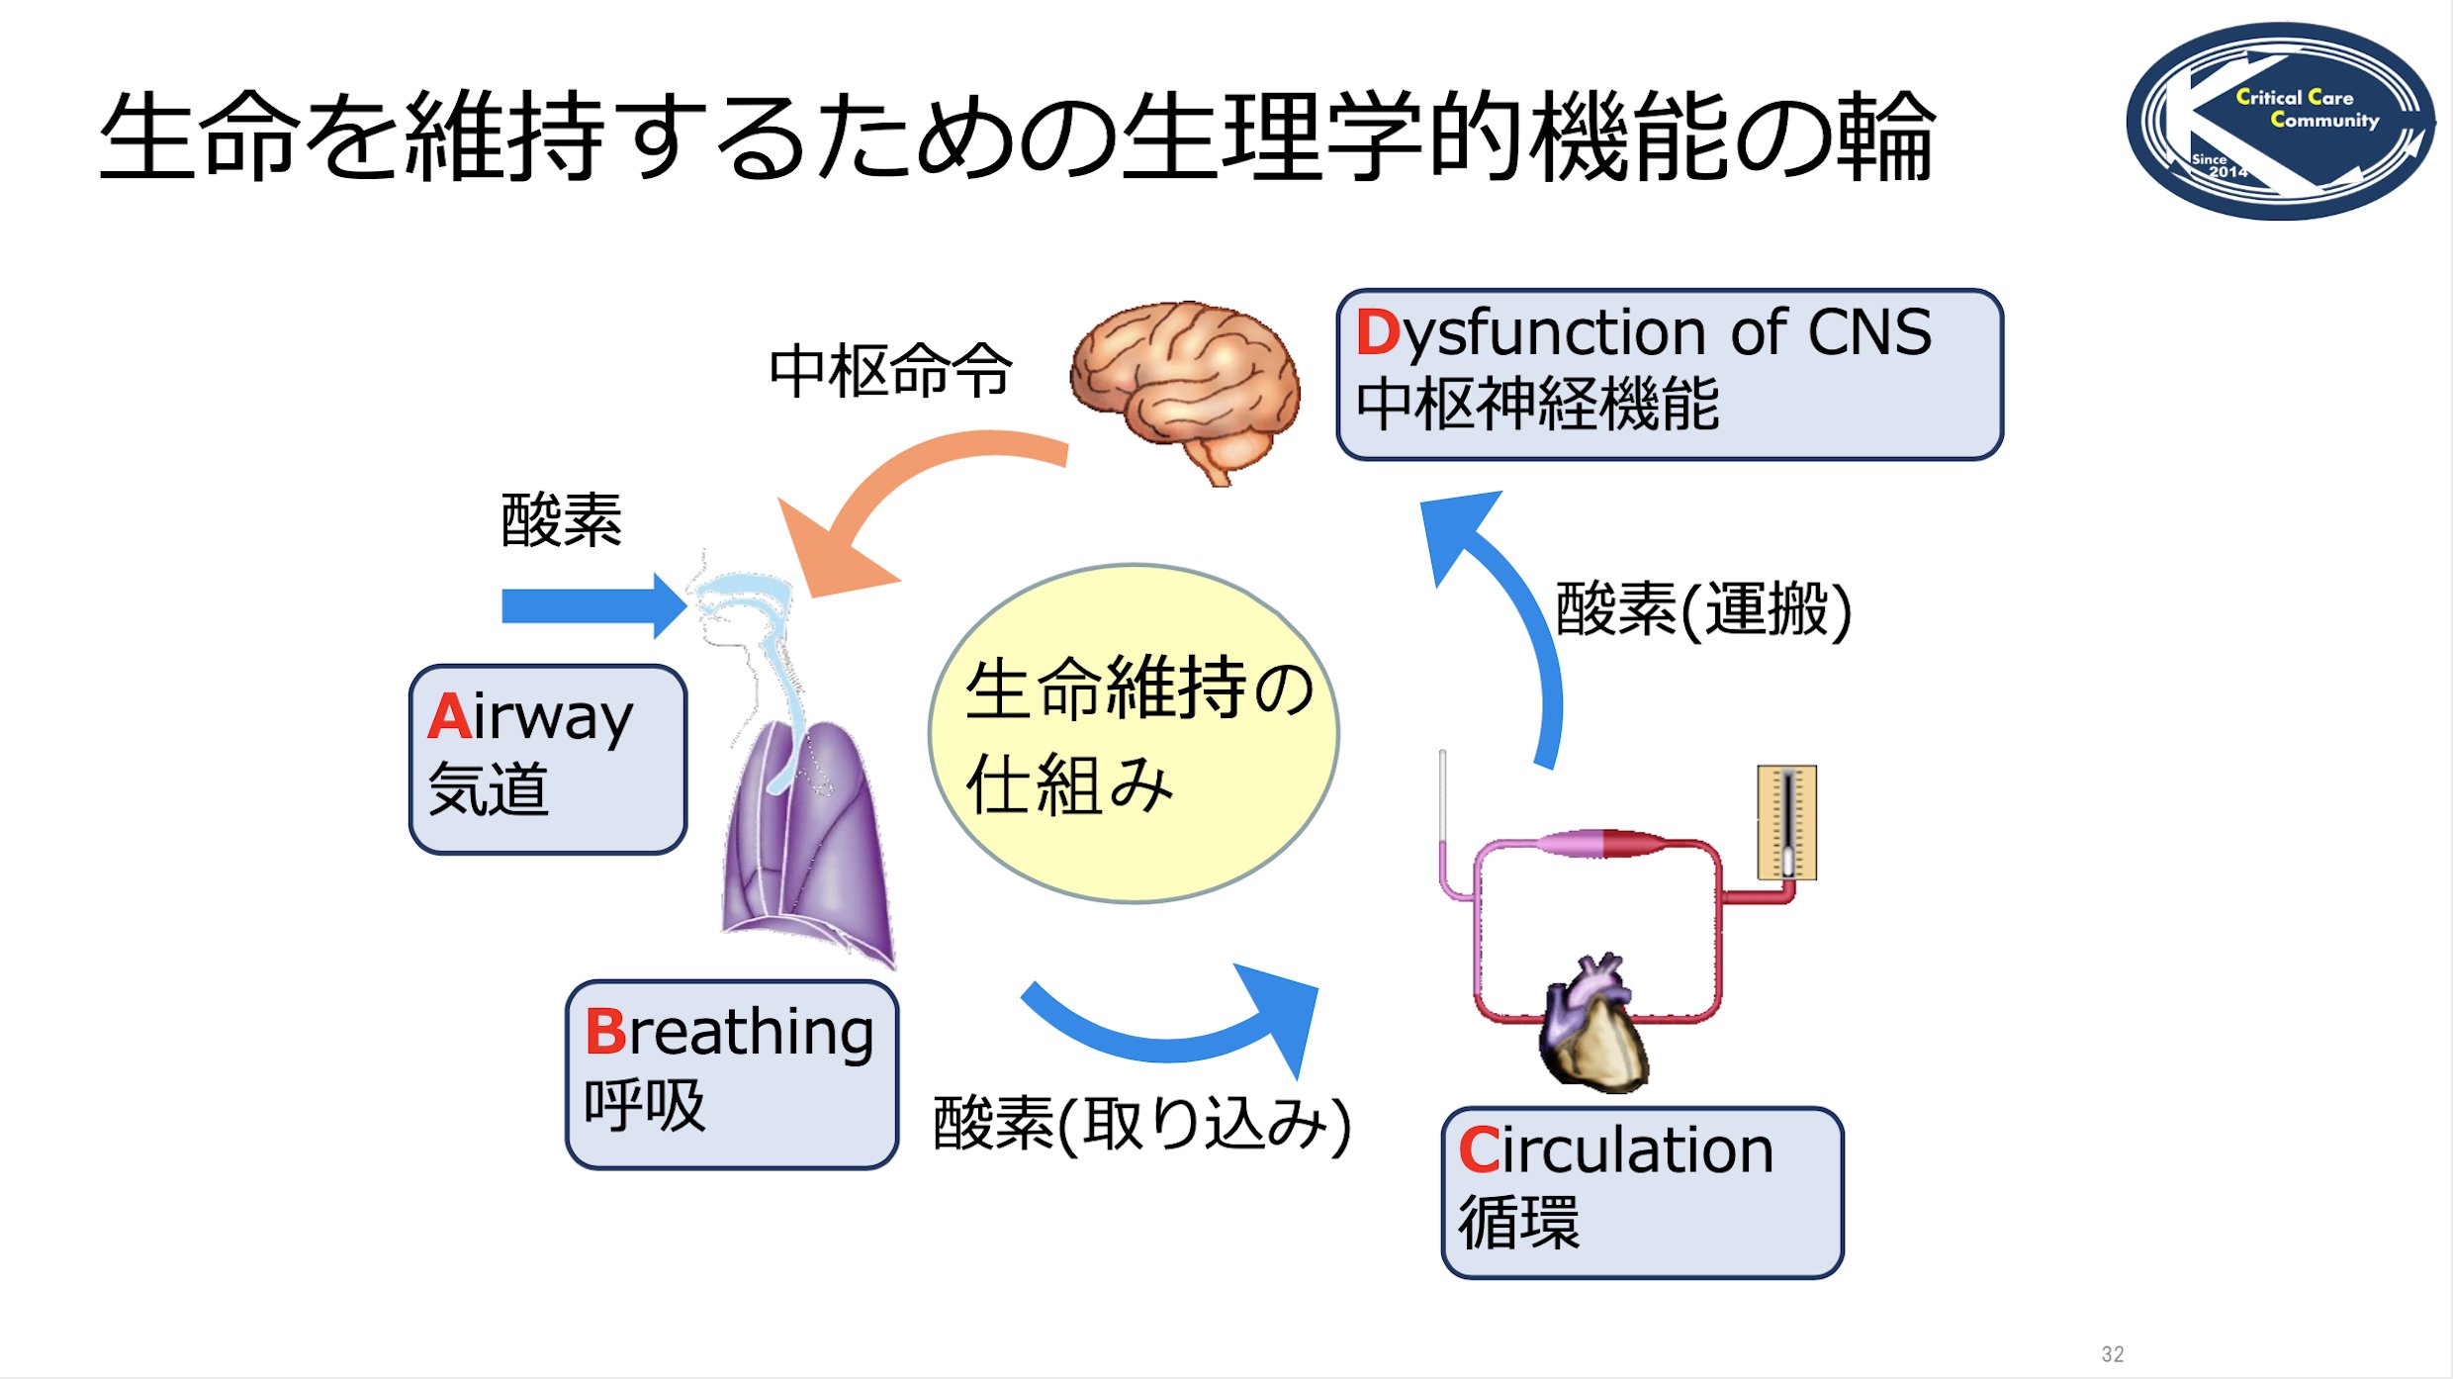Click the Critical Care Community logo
coord(2280,121)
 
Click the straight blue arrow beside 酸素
coord(593,605)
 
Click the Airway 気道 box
coord(548,759)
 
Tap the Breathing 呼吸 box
coord(732,1074)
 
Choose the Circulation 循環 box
coord(1643,1193)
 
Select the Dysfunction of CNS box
coord(1670,374)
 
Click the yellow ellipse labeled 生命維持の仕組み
coord(1134,733)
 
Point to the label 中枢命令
coord(891,371)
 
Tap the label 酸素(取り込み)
coord(1142,1125)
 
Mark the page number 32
coord(2113,1354)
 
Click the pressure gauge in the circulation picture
coord(1786,822)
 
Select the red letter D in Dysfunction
coord(1378,332)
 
